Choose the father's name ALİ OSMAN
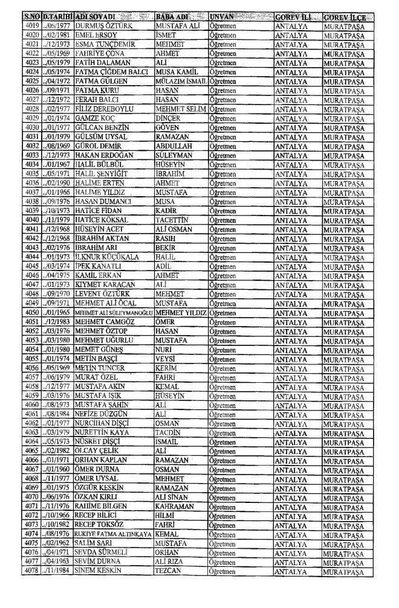[x=175, y=194]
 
